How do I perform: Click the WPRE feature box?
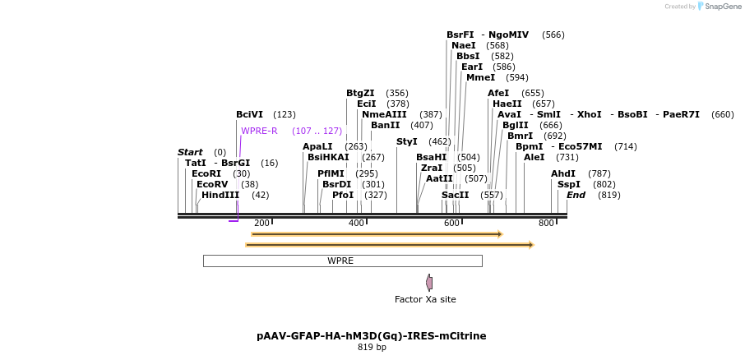(341, 261)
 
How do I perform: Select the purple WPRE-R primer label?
(259, 131)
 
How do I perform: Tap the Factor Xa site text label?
(425, 299)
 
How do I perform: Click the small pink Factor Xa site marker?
(429, 283)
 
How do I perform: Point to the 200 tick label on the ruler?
(261, 224)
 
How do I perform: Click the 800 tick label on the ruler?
(546, 224)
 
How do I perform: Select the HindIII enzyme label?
(220, 195)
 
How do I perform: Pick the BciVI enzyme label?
(249, 114)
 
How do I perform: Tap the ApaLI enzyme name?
(317, 146)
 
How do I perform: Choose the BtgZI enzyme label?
(360, 93)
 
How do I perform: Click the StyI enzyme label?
(407, 141)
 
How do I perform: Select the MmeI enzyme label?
(480, 77)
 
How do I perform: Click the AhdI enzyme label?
(563, 173)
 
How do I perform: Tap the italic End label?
(576, 195)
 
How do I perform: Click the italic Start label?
(190, 152)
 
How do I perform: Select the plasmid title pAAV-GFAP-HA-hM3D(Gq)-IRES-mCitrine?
(371, 335)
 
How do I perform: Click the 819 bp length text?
(372, 347)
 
